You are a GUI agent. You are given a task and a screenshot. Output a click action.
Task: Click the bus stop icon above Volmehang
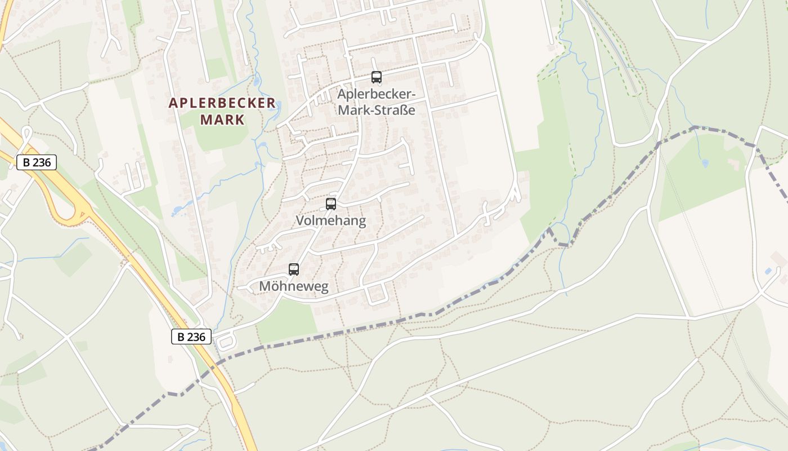(x=331, y=204)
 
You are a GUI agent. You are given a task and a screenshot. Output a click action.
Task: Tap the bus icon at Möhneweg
(x=294, y=269)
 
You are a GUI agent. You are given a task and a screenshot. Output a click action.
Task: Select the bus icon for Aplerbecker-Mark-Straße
(x=377, y=78)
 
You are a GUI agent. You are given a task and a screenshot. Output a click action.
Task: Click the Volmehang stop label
(x=331, y=220)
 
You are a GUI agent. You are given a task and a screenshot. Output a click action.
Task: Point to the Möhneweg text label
(x=293, y=286)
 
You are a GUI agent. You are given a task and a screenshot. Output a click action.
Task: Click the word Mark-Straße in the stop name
(x=377, y=109)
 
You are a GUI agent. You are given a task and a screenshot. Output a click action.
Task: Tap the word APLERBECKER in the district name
(x=222, y=103)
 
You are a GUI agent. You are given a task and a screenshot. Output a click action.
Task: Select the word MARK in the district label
(x=222, y=120)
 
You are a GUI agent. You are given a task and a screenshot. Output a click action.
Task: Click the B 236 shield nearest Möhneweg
(x=191, y=337)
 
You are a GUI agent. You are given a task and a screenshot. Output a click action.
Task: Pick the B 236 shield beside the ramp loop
(x=37, y=162)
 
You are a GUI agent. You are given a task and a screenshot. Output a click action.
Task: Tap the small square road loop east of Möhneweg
(x=377, y=293)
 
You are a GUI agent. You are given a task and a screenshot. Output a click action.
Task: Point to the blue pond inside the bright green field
(x=705, y=163)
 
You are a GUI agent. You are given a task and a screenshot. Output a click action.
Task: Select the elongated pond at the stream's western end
(x=178, y=211)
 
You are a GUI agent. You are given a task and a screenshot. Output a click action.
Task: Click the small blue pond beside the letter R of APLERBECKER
(x=257, y=82)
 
